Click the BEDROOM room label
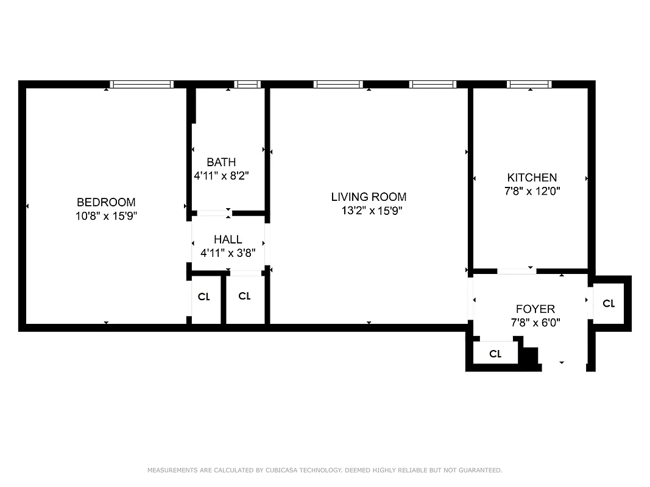click(106, 203)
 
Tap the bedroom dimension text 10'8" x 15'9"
click(106, 215)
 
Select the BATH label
click(221, 163)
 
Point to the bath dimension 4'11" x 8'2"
click(221, 175)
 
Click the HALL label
click(228, 240)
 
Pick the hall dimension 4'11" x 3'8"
click(228, 253)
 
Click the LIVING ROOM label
click(369, 197)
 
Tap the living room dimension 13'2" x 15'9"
click(372, 211)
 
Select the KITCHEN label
click(532, 178)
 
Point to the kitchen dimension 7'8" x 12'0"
click(532, 191)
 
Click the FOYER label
click(535, 309)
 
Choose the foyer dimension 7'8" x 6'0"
click(535, 323)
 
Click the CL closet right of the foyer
click(608, 304)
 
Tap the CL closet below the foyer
click(495, 354)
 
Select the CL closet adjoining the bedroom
click(203, 297)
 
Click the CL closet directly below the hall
click(244, 296)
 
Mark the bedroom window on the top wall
click(142, 85)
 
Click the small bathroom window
click(247, 85)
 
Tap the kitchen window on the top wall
click(529, 85)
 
